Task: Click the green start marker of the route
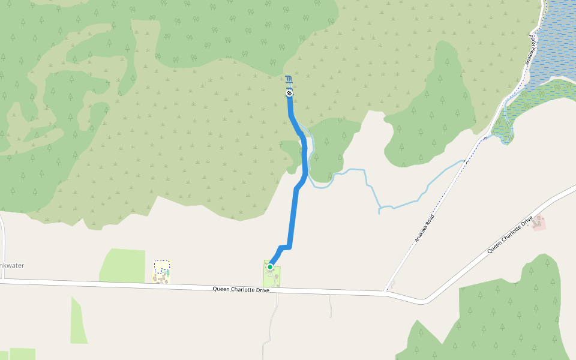tap(270, 267)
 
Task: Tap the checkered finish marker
tap(289, 93)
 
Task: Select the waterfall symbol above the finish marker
tap(289, 80)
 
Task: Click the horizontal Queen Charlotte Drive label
tap(241, 289)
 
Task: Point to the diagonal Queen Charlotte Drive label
tap(509, 234)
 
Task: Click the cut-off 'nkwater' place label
tap(12, 265)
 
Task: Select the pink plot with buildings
tap(539, 223)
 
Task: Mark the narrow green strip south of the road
tap(78, 321)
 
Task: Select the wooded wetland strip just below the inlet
tap(528, 102)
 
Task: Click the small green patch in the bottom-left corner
tap(22, 354)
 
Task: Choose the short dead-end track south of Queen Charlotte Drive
tap(331, 306)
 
